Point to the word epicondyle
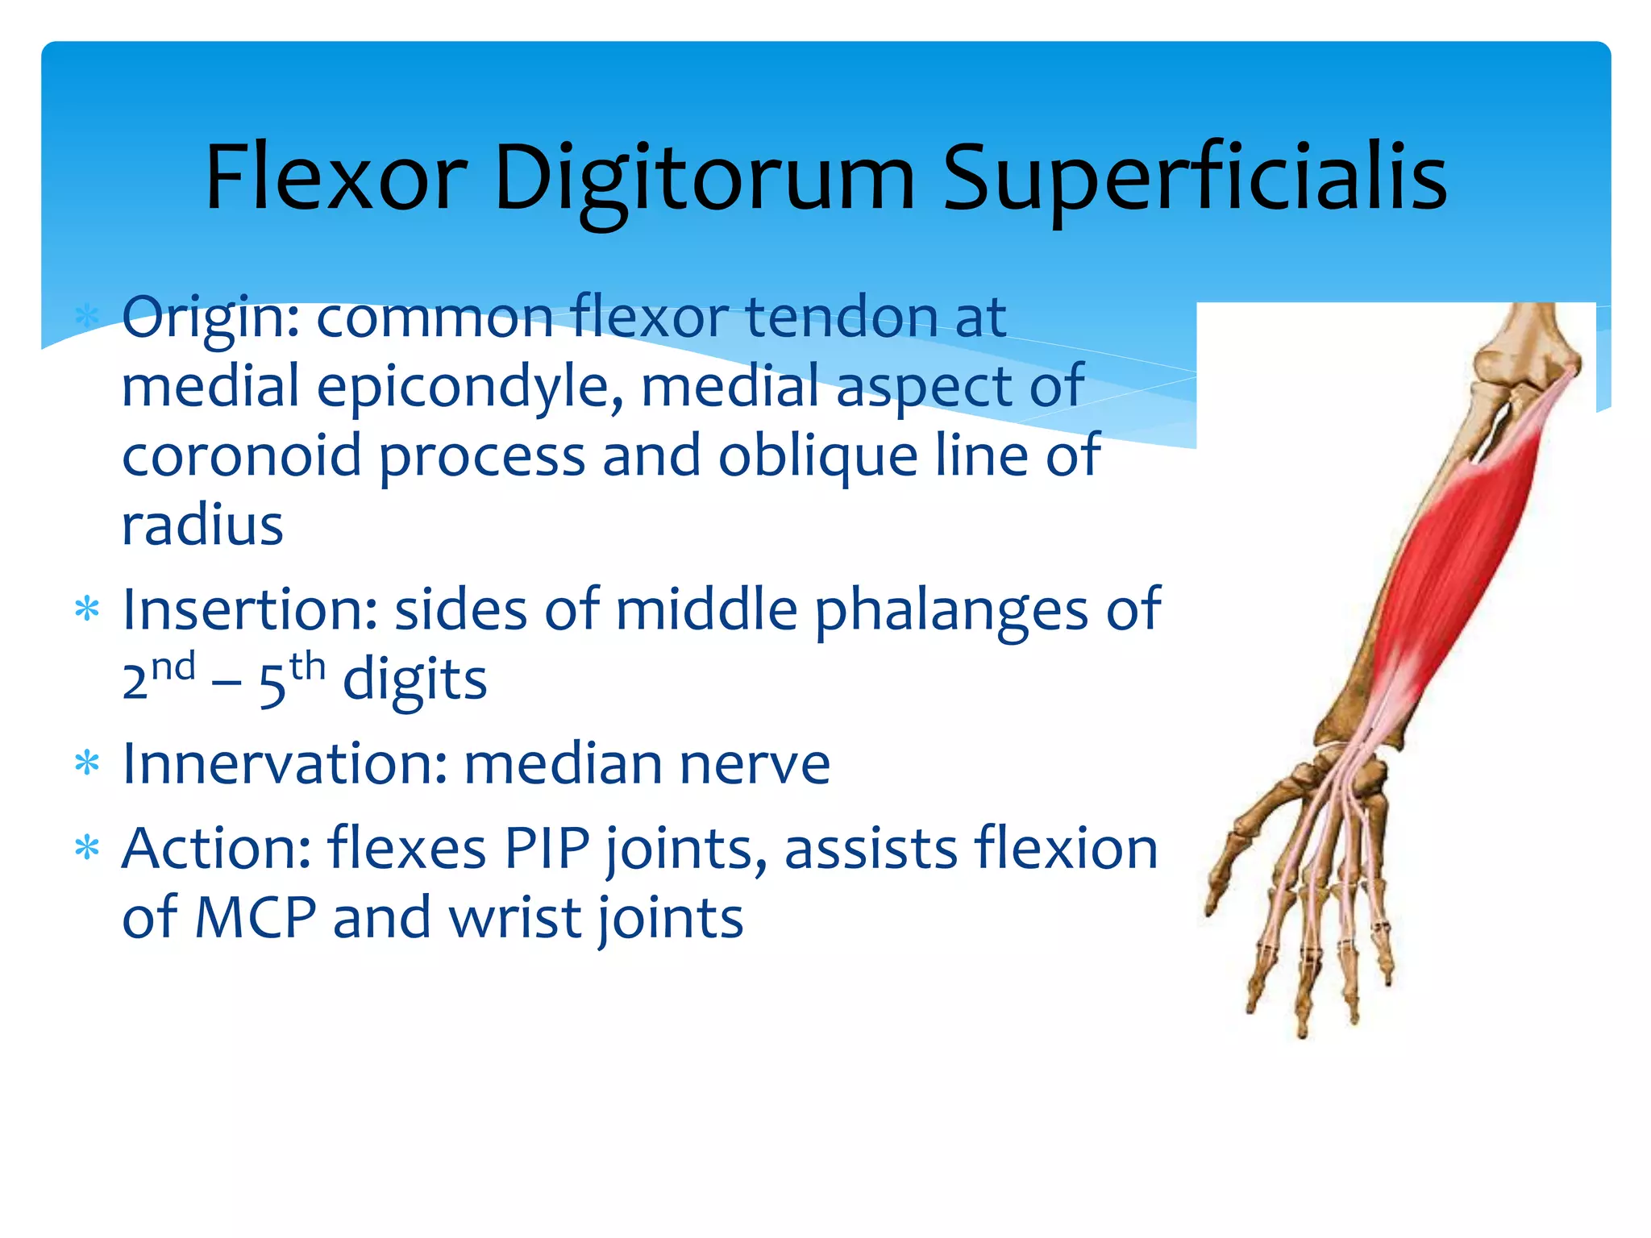tap(470, 387)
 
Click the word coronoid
tap(241, 455)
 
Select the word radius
tap(202, 525)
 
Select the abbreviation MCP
tap(256, 917)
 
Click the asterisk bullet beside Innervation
tap(87, 763)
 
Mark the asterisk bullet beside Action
tap(87, 848)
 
